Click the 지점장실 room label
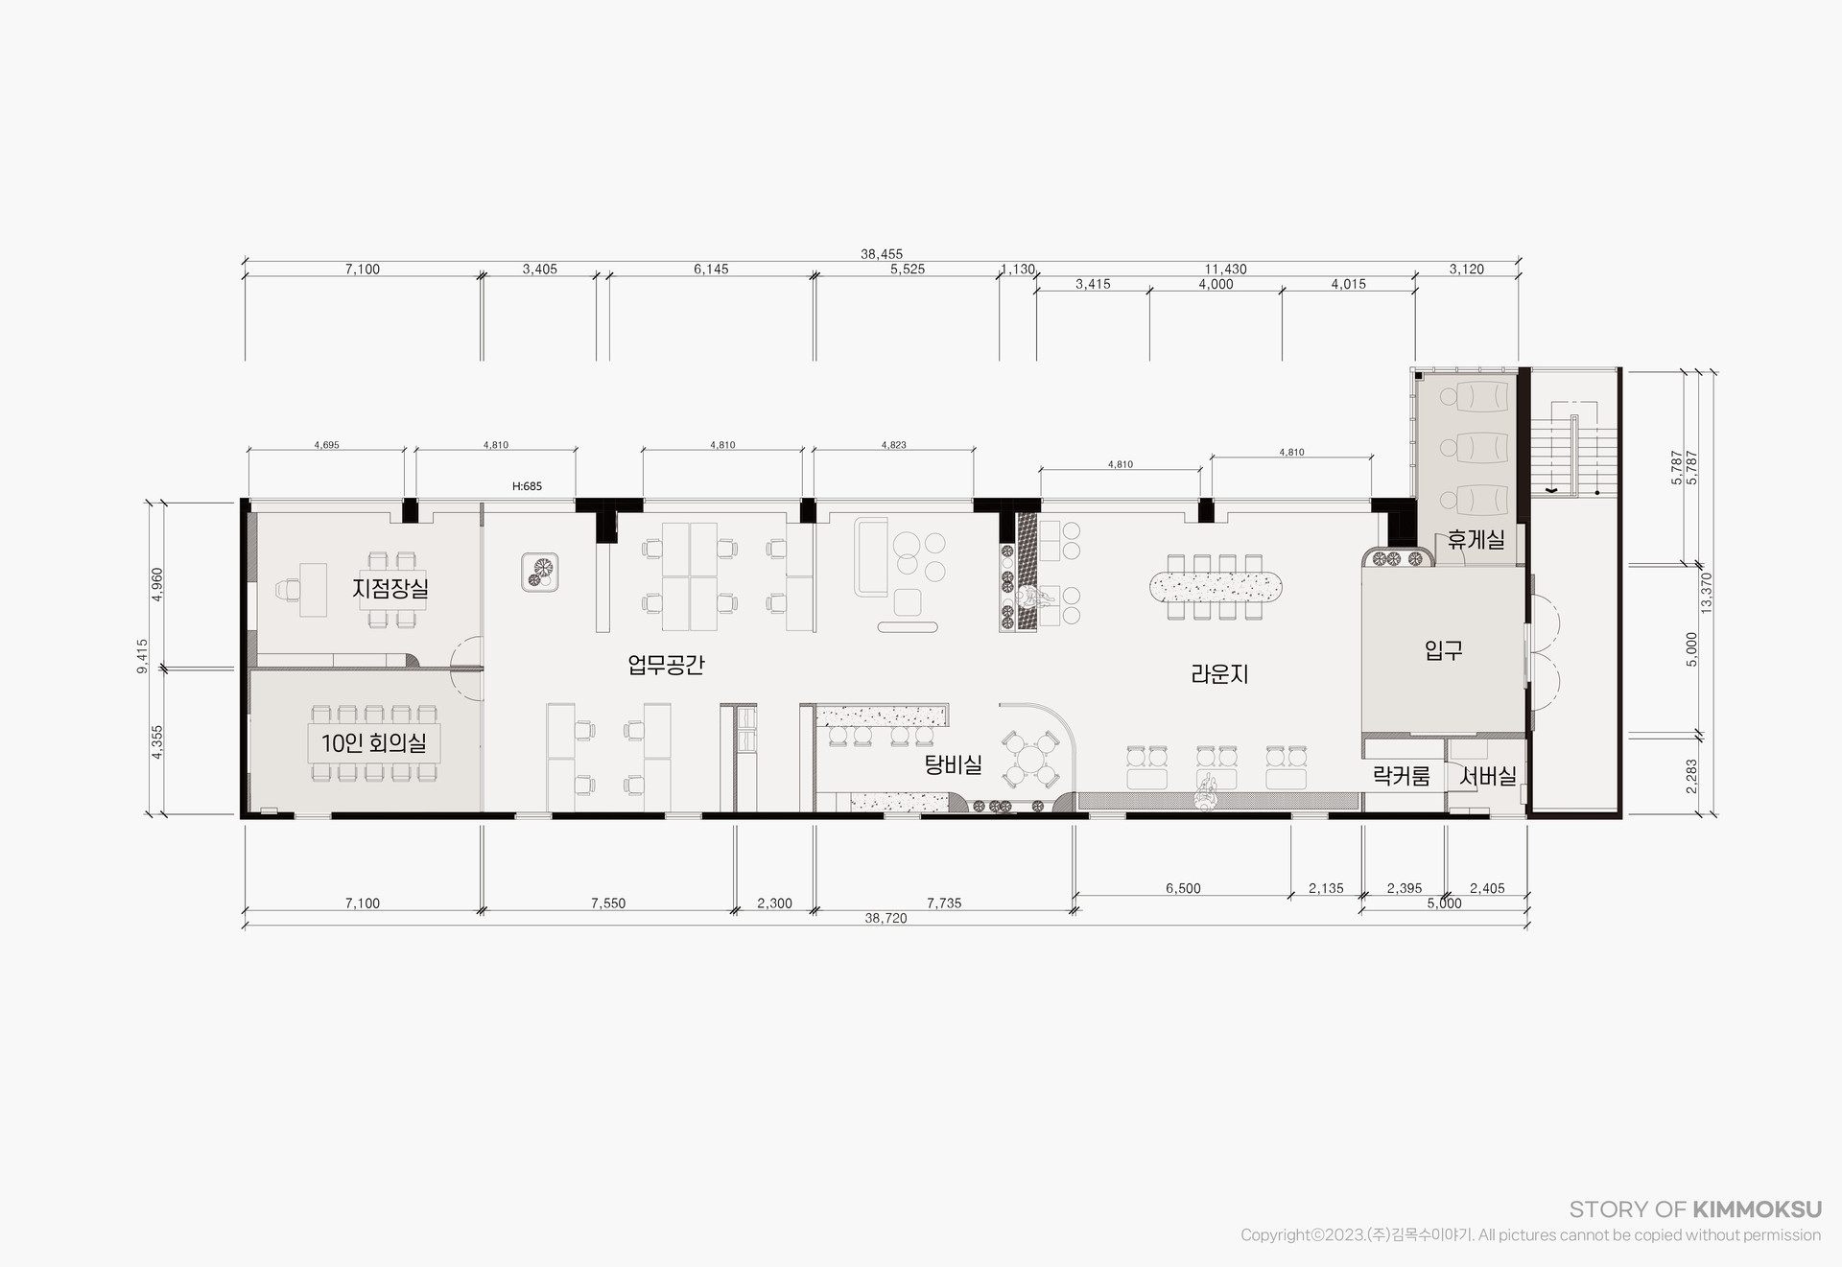coord(390,587)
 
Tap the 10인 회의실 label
coord(373,742)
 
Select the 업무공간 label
coord(666,664)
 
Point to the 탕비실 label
coord(953,764)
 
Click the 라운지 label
coord(1219,674)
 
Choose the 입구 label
coord(1444,651)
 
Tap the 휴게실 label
coord(1476,540)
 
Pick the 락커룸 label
coord(1401,776)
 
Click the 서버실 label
coord(1487,776)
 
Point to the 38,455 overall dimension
coord(882,254)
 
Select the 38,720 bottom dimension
coord(886,918)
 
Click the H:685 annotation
coord(527,486)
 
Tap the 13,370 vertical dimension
coord(1706,593)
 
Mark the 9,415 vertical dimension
coord(142,657)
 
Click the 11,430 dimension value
coord(1225,270)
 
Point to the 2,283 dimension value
coord(1691,776)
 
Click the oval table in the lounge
coord(1216,585)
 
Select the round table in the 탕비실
coord(1027,759)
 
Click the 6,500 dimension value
coord(1183,888)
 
